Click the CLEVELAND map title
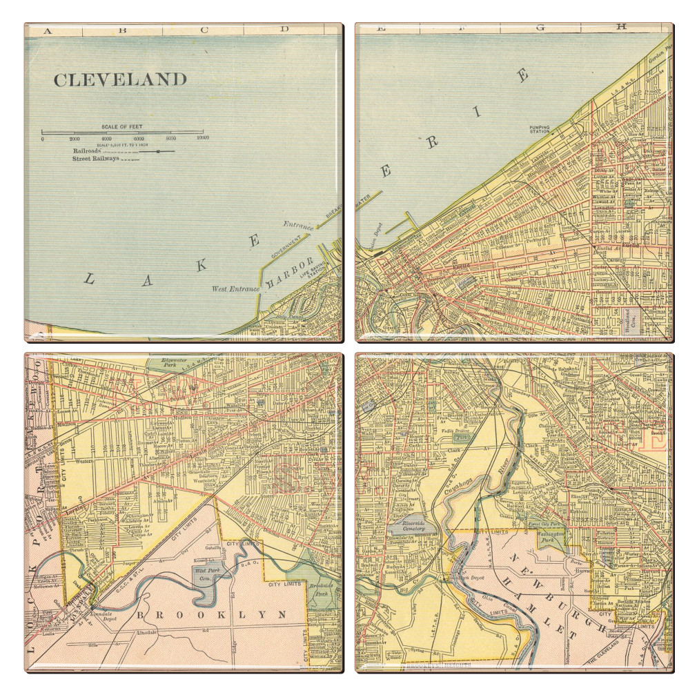[120, 79]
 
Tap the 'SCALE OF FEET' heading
[121, 126]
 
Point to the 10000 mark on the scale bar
[202, 138]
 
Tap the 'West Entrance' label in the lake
[235, 289]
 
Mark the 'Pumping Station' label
[541, 128]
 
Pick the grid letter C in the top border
[204, 29]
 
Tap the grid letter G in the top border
[540, 28]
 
